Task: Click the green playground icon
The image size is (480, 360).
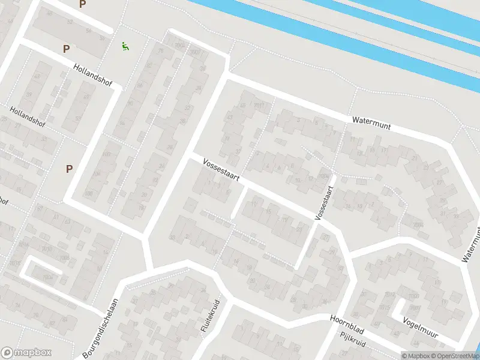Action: [x=125, y=46]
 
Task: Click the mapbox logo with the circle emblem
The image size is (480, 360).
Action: [x=26, y=353]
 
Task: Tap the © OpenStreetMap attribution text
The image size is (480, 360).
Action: [x=447, y=356]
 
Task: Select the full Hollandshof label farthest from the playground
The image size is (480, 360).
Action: [x=27, y=117]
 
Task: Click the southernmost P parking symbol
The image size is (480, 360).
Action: [x=69, y=169]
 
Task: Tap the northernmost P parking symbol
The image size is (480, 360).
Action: [x=82, y=4]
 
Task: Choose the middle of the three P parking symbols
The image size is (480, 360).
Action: [x=66, y=49]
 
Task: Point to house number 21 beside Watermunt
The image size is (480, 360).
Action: [x=414, y=158]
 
